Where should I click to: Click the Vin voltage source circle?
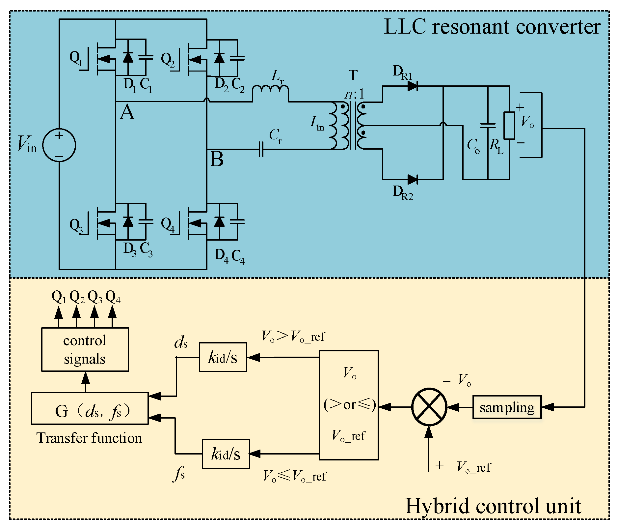pyautogui.click(x=59, y=145)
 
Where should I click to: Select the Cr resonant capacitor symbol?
pyautogui.click(x=261, y=149)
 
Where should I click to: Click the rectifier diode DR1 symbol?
pyautogui.click(x=413, y=86)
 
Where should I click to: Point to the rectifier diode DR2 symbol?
pyautogui.click(x=413, y=180)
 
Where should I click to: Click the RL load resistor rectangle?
pyautogui.click(x=509, y=125)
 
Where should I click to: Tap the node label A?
pyautogui.click(x=127, y=112)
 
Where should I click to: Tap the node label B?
pyautogui.click(x=216, y=159)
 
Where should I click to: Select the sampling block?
pyautogui.click(x=507, y=407)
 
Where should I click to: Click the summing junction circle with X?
pyautogui.click(x=429, y=407)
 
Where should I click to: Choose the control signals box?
pyautogui.click(x=85, y=349)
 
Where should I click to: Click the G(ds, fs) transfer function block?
pyautogui.click(x=90, y=408)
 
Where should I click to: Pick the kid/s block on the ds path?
pyautogui.click(x=223, y=357)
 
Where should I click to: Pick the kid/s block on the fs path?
pyautogui.click(x=226, y=454)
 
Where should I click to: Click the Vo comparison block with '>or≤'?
pyautogui.click(x=349, y=405)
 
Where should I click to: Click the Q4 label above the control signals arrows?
pyautogui.click(x=113, y=297)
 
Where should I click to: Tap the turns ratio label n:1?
pyautogui.click(x=354, y=95)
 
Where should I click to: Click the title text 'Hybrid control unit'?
pyautogui.click(x=493, y=506)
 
